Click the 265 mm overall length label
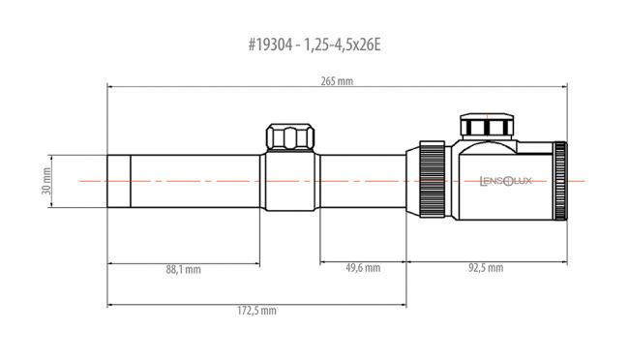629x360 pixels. coord(337,81)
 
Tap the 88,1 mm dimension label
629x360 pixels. coord(183,269)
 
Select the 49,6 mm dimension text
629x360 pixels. coord(363,267)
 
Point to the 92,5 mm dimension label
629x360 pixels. coord(486,267)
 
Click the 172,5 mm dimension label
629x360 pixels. coord(256,311)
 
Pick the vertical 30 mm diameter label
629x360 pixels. coord(46,181)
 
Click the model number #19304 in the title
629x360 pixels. coord(270,45)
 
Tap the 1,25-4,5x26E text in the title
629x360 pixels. coord(343,45)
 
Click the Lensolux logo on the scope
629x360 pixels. coord(505,181)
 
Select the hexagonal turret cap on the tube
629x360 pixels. coord(290,136)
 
